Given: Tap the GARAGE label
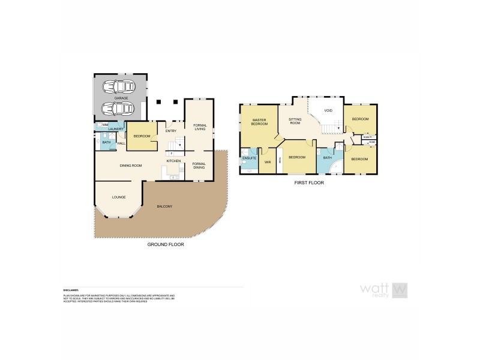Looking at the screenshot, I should tap(121, 97).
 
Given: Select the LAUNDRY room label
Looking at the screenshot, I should tap(116, 129).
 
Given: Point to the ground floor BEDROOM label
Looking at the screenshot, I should tap(142, 136).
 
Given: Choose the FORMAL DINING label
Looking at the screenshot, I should tap(199, 165).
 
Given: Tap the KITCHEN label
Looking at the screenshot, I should tap(174, 161).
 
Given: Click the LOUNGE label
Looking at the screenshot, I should tap(119, 197).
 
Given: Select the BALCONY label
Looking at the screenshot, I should tap(164, 206).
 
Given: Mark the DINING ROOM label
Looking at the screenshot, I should tap(130, 165).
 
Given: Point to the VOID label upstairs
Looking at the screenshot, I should tap(328, 111).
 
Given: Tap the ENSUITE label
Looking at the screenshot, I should tap(248, 158).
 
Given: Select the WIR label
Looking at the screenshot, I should tap(268, 162).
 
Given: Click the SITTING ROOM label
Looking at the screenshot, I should tap(295, 122).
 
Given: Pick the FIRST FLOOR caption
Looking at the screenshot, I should tap(309, 182).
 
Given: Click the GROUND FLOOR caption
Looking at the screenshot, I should tap(166, 245).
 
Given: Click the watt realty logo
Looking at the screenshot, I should tap(384, 290).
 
